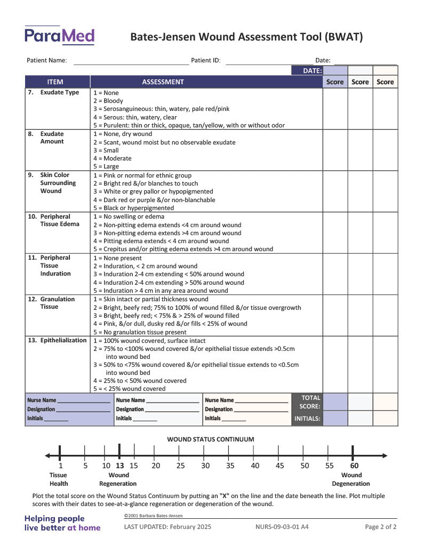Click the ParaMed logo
pyautogui.click(x=59, y=36)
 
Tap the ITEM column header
pyautogui.click(x=55, y=82)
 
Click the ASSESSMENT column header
pyautogui.click(x=163, y=82)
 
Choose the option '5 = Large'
pyautogui.click(x=106, y=166)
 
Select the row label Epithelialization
pyautogui.click(x=63, y=341)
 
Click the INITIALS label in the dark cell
pyautogui.click(x=307, y=419)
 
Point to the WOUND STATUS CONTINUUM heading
pyautogui.click(x=211, y=439)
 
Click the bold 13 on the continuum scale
pyautogui.click(x=120, y=465)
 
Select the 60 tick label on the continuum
pyautogui.click(x=354, y=465)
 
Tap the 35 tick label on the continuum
pyautogui.click(x=230, y=465)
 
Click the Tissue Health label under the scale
pyautogui.click(x=59, y=479)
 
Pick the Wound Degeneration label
pyautogui.click(x=351, y=479)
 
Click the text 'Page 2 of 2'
pyautogui.click(x=380, y=527)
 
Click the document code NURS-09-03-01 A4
pyautogui.click(x=282, y=527)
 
